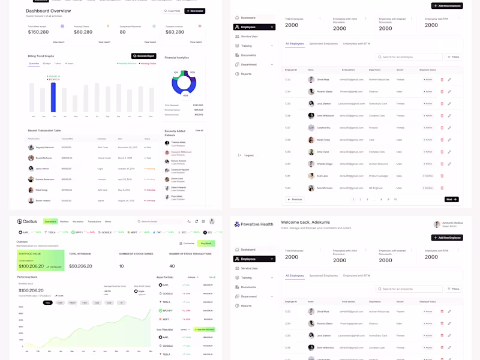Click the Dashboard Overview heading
click(x=48, y=11)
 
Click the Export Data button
click(x=172, y=11)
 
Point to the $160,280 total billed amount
click(x=38, y=32)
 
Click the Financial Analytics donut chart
click(x=184, y=83)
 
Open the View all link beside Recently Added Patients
click(x=199, y=130)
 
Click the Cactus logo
click(x=27, y=221)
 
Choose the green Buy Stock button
click(x=206, y=243)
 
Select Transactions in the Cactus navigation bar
click(x=95, y=221)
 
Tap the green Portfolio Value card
click(x=40, y=261)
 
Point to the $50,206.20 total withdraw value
click(x=80, y=266)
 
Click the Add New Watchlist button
click(x=205, y=329)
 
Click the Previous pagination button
click(x=295, y=199)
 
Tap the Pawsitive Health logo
click(x=254, y=224)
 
